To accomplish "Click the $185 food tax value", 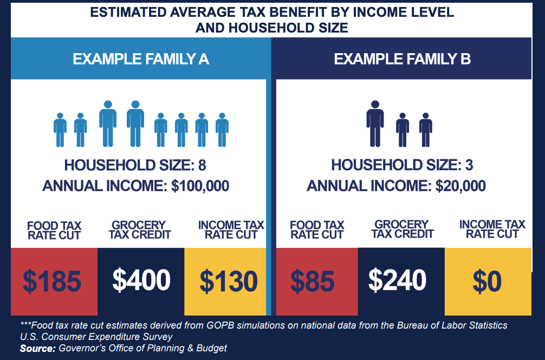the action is pos(52,281).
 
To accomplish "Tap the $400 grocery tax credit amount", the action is pos(141,280).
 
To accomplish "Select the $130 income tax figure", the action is pos(229,281).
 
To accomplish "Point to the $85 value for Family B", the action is pos(313,281).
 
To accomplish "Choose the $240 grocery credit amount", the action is pos(397,280).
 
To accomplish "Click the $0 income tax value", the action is pos(487,281).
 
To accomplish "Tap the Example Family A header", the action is pos(141,59).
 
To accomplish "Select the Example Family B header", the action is pos(402,59).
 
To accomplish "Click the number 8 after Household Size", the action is pos(202,165).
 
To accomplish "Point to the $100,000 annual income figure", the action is pos(200,186).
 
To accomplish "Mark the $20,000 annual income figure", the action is pos(460,186).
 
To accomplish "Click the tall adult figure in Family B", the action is pos(375,124).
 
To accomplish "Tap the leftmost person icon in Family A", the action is pos(60,130).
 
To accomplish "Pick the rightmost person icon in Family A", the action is pos(222,130).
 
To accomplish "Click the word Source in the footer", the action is pos(37,348).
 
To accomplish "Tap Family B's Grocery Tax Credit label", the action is pos(402,229).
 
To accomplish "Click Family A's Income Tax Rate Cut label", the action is pos(231,230).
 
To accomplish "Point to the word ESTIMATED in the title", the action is pos(128,12).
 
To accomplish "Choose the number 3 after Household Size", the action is pos(469,165).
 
